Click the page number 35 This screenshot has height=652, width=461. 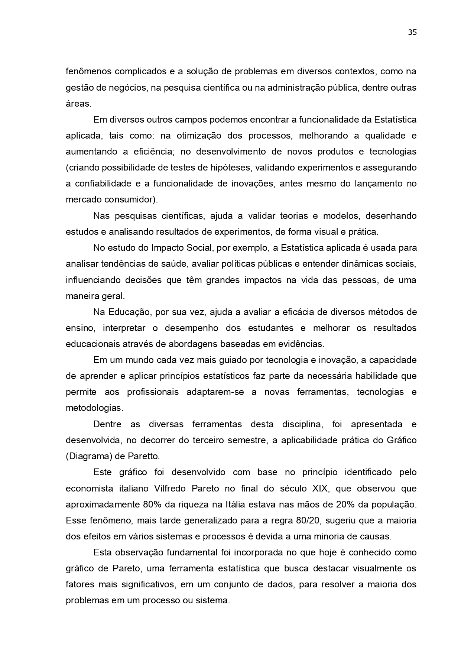point(412,32)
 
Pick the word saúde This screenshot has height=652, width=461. point(180,264)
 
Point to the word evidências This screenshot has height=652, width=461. point(301,344)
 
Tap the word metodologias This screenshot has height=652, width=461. point(94,408)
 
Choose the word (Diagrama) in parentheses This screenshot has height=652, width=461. point(88,456)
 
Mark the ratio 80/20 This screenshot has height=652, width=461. point(305,520)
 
